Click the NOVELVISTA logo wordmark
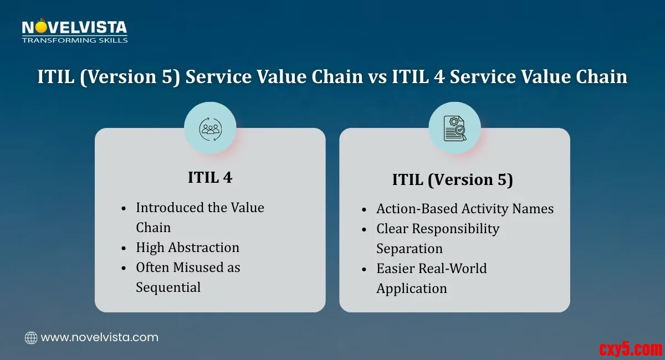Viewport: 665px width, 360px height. pyautogui.click(x=74, y=27)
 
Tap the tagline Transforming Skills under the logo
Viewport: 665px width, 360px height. pyautogui.click(x=75, y=40)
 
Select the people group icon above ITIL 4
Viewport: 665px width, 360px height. pyautogui.click(x=210, y=129)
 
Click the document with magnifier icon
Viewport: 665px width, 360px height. pyautogui.click(x=455, y=128)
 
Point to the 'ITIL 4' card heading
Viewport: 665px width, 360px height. pyautogui.click(x=210, y=177)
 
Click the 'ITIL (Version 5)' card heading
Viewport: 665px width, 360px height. pyautogui.click(x=452, y=179)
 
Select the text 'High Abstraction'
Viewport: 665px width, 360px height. pyautogui.click(x=187, y=247)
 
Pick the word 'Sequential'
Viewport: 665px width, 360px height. pyautogui.click(x=168, y=287)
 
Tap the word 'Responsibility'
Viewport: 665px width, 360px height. pyautogui.click(x=456, y=229)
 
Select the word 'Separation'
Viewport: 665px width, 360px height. pyautogui.click(x=410, y=249)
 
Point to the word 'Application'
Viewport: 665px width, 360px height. pyautogui.click(x=411, y=289)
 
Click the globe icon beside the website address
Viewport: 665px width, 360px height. pyautogui.click(x=31, y=338)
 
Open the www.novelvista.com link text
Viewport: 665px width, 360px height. pyautogui.click(x=99, y=338)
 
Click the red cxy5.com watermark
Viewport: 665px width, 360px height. pyautogui.click(x=631, y=349)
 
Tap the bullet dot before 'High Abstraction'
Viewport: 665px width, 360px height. pyautogui.click(x=124, y=248)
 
